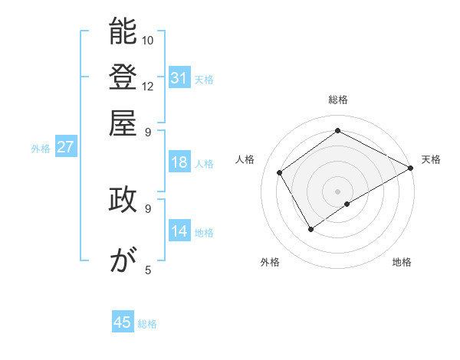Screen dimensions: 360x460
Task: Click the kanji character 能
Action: pyautogui.click(x=123, y=32)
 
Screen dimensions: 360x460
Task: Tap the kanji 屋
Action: pyautogui.click(x=123, y=123)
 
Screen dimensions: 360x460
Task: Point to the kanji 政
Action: pyautogui.click(x=123, y=199)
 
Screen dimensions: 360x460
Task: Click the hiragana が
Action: pyautogui.click(x=123, y=260)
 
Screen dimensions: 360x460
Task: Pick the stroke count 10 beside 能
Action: pyautogui.click(x=149, y=40)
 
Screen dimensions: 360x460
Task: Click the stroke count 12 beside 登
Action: pyautogui.click(x=149, y=86)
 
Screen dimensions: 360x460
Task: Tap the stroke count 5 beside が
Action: pyautogui.click(x=148, y=270)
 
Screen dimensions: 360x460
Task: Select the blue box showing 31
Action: pyautogui.click(x=179, y=77)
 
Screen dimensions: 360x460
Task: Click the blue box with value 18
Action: pyautogui.click(x=179, y=162)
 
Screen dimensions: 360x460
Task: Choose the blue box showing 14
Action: pyautogui.click(x=179, y=231)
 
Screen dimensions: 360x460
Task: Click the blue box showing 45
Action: pyautogui.click(x=123, y=322)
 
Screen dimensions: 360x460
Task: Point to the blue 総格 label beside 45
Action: pyautogui.click(x=147, y=324)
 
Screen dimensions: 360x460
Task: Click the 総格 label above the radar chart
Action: pyautogui.click(x=338, y=100)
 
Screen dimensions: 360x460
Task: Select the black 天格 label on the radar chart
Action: pyautogui.click(x=431, y=159)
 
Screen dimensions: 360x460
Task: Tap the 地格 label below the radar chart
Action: pyautogui.click(x=402, y=263)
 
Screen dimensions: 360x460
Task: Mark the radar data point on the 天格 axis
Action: pyautogui.click(x=411, y=168)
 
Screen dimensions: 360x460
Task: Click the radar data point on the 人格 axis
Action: pyautogui.click(x=280, y=172)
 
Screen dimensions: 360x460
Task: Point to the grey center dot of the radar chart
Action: pyautogui.click(x=338, y=191)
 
